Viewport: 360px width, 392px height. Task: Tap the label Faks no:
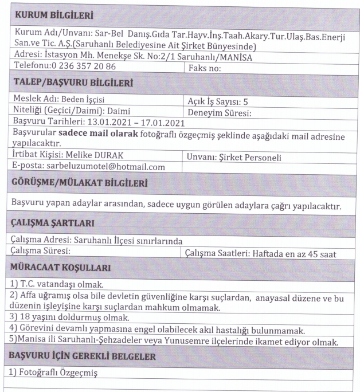205,68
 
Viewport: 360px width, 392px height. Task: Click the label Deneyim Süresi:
220,112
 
